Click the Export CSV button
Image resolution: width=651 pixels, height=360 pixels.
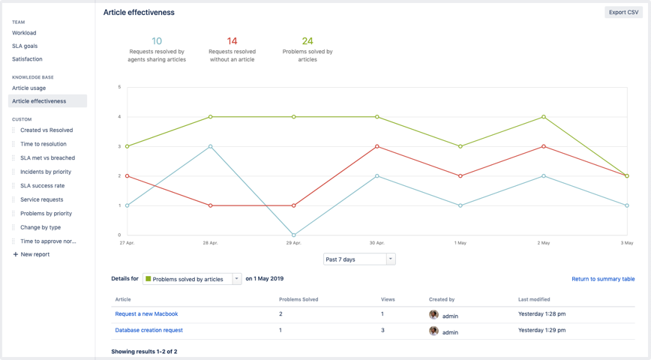point(623,12)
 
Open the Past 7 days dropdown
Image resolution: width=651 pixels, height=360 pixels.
point(359,259)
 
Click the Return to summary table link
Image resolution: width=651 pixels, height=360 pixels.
point(603,279)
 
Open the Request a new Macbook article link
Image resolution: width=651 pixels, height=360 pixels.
point(146,314)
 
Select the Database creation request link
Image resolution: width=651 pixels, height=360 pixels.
point(148,330)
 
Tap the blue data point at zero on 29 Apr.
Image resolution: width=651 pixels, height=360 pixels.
point(294,235)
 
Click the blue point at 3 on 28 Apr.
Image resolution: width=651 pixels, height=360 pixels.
point(211,147)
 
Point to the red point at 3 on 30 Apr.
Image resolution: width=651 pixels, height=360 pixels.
point(377,147)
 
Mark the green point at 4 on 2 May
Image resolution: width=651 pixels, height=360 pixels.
point(544,117)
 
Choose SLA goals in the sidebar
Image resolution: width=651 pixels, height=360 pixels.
point(25,46)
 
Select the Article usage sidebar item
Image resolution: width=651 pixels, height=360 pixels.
point(28,88)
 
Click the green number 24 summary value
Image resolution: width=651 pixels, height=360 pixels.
point(307,41)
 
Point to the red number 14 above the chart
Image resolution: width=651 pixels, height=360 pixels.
point(232,41)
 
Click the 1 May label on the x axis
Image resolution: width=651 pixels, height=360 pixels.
point(460,243)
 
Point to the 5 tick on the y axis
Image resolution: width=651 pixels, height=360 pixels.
point(119,87)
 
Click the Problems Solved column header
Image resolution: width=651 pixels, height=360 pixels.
point(298,299)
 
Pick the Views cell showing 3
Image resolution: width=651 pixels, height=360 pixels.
point(382,330)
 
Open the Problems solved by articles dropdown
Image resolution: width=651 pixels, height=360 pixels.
point(192,279)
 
